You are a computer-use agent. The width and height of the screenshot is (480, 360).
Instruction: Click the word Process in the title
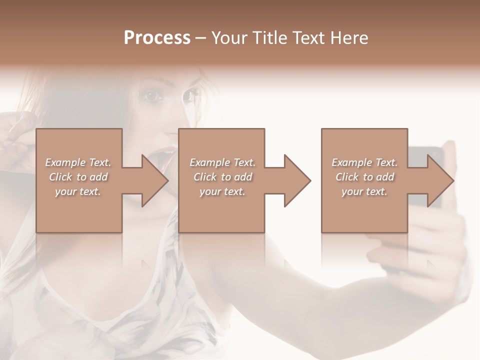[157, 37]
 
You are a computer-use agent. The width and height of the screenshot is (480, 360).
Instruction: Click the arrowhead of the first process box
[155, 180]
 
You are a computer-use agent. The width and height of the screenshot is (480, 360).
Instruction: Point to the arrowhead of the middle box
[298, 180]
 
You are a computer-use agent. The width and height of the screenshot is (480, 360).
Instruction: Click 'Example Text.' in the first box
[78, 162]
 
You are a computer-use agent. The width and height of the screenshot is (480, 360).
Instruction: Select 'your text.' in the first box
[78, 191]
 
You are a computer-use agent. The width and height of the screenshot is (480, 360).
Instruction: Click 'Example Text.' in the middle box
[222, 162]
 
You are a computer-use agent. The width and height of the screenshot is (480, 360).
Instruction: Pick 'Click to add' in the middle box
[222, 177]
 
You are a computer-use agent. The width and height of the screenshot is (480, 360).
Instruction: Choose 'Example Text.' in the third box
[364, 162]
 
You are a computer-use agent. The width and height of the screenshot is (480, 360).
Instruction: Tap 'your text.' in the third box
[364, 191]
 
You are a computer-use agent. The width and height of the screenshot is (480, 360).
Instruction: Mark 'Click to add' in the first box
[78, 177]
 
